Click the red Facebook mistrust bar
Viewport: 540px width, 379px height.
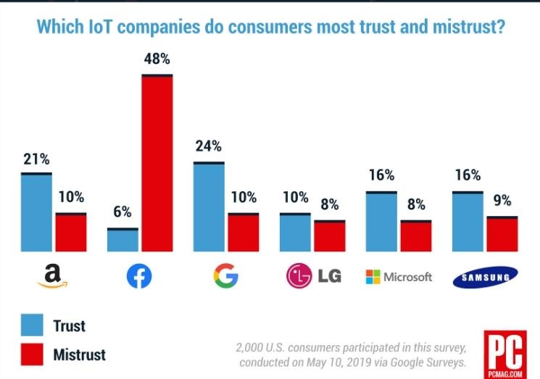click(157, 163)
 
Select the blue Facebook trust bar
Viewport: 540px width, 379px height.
click(122, 240)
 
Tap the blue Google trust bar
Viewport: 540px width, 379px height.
click(208, 207)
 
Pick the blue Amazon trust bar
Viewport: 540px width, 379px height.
click(36, 212)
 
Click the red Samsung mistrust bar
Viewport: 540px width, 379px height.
click(502, 234)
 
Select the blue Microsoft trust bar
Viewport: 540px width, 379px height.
click(381, 222)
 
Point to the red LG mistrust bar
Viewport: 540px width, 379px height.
click(330, 236)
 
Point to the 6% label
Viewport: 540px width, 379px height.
click(122, 212)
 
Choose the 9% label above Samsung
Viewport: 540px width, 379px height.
click(502, 200)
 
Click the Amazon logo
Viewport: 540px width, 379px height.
click(51, 276)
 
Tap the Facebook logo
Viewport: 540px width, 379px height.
click(139, 276)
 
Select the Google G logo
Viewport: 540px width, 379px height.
click(225, 276)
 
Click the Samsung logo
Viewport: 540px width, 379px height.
click(486, 277)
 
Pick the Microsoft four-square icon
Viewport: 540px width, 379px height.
click(372, 277)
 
